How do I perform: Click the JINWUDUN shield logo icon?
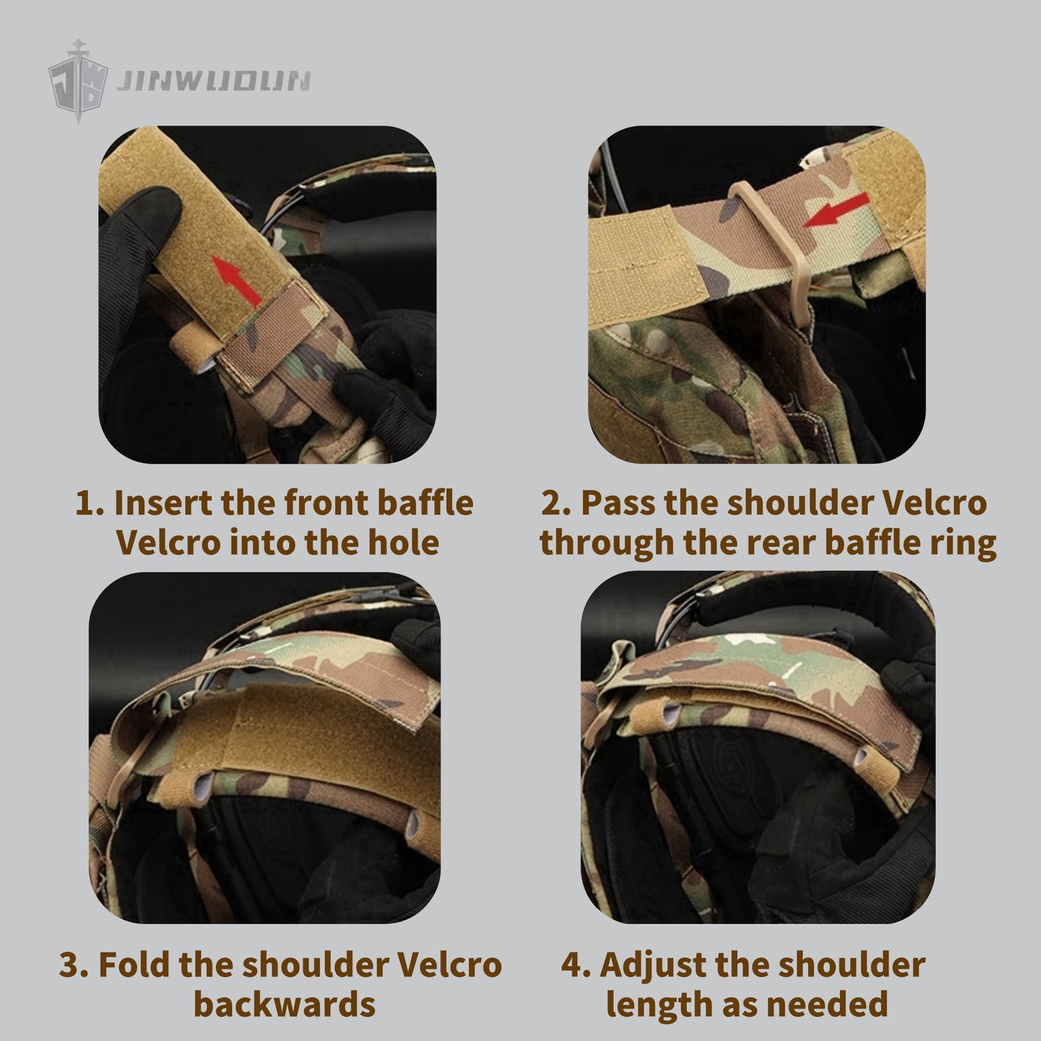coord(79,81)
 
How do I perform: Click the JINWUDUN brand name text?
coord(214,81)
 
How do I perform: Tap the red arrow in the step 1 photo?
coord(236,280)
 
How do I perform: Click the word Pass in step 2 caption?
coord(617,502)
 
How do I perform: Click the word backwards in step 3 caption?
coord(284,1004)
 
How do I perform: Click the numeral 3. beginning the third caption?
coord(73,965)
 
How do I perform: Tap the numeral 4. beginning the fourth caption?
coord(576,965)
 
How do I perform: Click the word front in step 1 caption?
coord(326,502)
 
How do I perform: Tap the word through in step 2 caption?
coord(607,545)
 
